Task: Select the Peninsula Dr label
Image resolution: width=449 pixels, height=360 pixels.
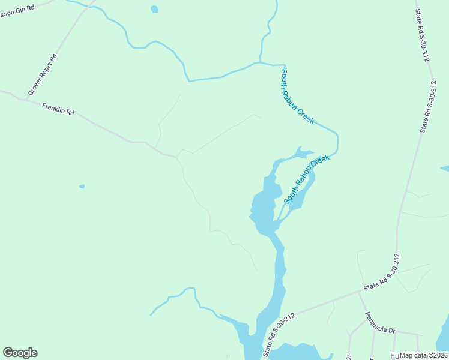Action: click(381, 322)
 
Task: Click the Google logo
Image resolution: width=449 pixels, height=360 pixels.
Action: click(20, 353)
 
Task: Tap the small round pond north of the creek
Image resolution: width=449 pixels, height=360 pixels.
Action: click(154, 9)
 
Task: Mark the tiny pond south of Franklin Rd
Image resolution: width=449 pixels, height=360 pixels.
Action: click(82, 187)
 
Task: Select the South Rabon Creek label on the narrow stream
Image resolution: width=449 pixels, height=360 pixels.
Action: click(297, 96)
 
